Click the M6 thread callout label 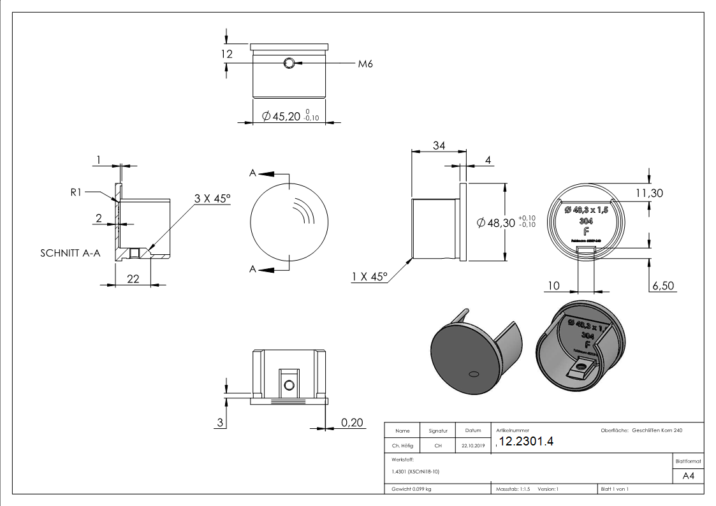tap(365, 64)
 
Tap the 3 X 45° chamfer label tap(212, 199)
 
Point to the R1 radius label tap(76, 191)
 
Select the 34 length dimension tap(439, 145)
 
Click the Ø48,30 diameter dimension tap(496, 222)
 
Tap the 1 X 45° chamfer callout tap(369, 277)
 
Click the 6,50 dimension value tap(662, 286)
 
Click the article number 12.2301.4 tap(527, 442)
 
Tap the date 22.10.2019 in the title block tap(472, 446)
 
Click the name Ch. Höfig tap(402, 446)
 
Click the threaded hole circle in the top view tap(289, 63)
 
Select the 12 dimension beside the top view tap(227, 55)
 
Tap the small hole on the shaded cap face tap(473, 372)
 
